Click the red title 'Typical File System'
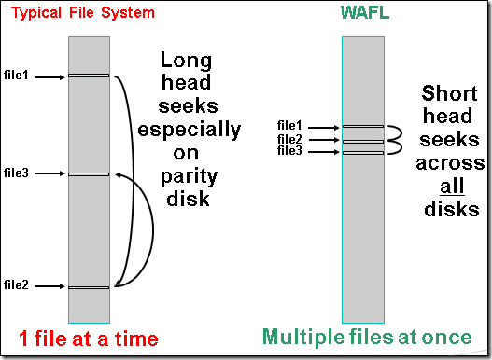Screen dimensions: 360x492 pos(82,13)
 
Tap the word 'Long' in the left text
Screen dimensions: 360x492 pos(187,61)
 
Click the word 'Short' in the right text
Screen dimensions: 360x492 pos(450,94)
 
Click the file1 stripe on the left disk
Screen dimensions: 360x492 pos(89,76)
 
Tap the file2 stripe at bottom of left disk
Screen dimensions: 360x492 pos(89,286)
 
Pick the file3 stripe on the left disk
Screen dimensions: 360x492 pos(89,174)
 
